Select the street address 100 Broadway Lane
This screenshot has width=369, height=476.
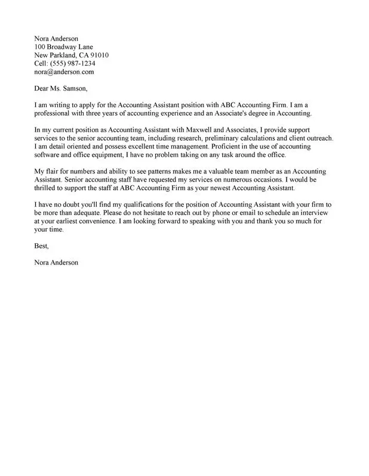(63, 46)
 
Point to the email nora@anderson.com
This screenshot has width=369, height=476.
(64, 71)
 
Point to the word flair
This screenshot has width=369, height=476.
(56, 172)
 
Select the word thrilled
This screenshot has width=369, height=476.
(48, 188)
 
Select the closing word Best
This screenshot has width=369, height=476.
(41, 246)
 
